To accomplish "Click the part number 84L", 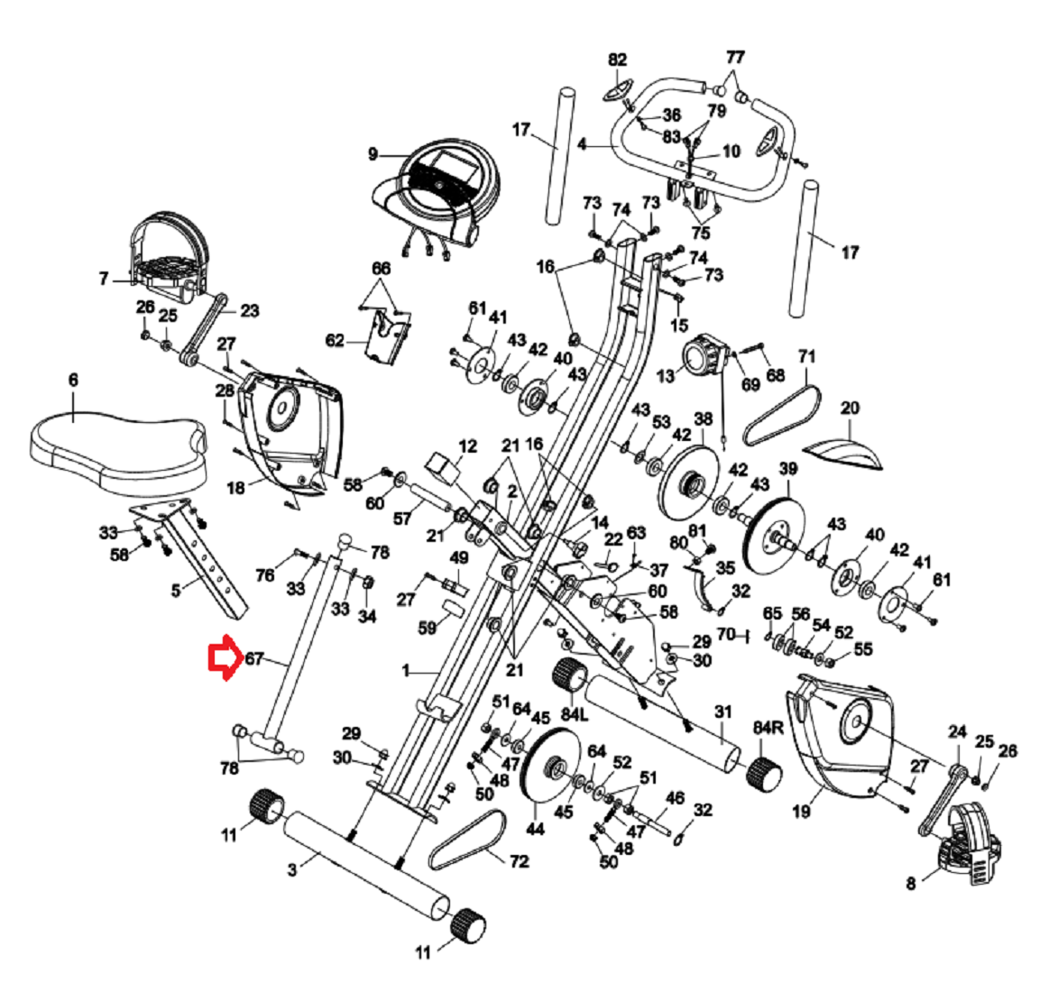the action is [x=575, y=713].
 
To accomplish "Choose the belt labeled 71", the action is [x=783, y=414].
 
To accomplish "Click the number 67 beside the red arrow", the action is [x=254, y=658].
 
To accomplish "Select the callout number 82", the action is [x=617, y=60].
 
